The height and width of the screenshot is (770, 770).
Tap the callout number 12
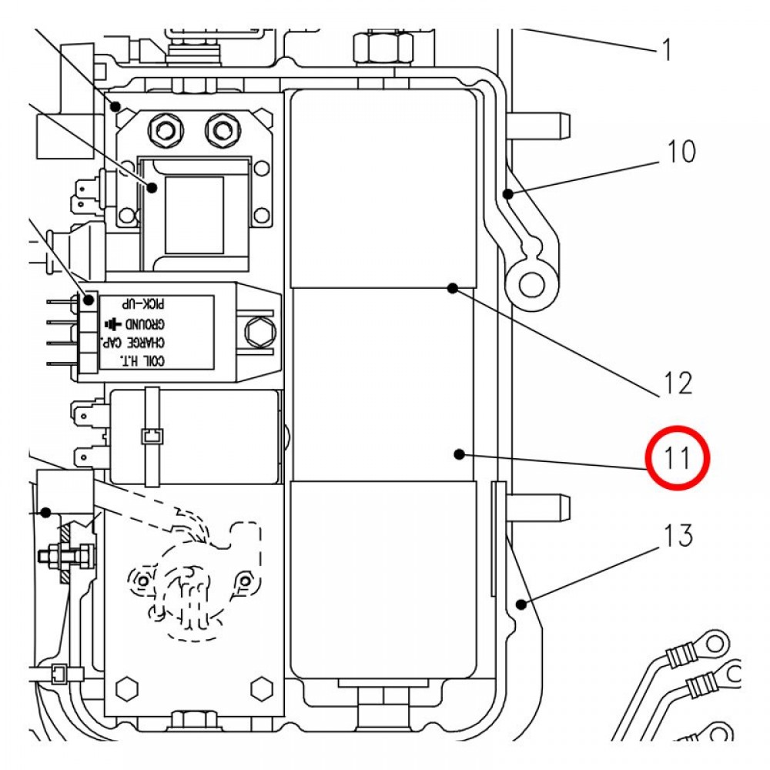pyautogui.click(x=678, y=383)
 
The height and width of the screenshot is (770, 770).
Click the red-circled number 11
pyautogui.click(x=677, y=457)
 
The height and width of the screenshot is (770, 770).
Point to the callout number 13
pyautogui.click(x=678, y=535)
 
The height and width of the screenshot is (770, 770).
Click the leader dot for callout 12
pyautogui.click(x=453, y=288)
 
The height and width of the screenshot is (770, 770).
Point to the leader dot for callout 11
pyautogui.click(x=459, y=454)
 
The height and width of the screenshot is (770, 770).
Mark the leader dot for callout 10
pyautogui.click(x=509, y=193)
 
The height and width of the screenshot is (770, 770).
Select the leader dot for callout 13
pyautogui.click(x=522, y=604)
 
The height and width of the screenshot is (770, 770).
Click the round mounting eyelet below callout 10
pyautogui.click(x=528, y=284)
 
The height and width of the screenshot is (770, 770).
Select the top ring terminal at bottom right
pyautogui.click(x=715, y=642)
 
